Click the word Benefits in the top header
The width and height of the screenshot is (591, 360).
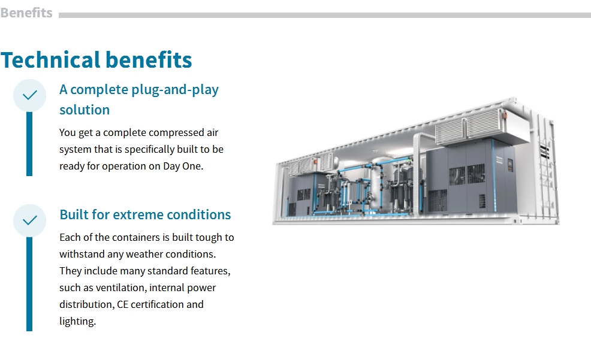point(26,13)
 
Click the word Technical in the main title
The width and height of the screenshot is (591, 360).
point(51,59)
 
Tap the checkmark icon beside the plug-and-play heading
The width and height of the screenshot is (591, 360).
point(30,95)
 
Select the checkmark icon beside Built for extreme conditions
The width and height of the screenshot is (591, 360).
point(30,220)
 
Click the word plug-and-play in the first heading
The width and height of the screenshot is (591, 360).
point(175,90)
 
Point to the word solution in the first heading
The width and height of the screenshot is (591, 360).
point(85,110)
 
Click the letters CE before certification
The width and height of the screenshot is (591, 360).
point(122,304)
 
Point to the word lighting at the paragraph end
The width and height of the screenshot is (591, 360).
point(78,321)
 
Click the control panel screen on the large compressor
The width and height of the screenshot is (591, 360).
point(510,164)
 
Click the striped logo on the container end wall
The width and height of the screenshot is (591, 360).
point(543,150)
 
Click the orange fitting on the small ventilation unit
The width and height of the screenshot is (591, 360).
point(316,162)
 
